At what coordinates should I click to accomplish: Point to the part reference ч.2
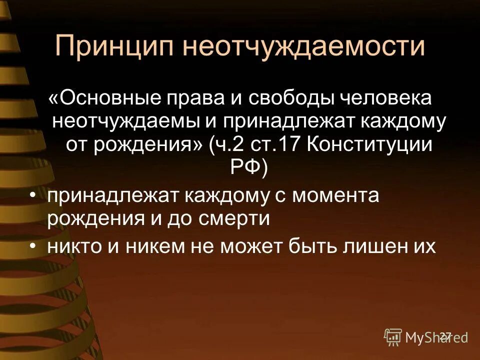click(228, 144)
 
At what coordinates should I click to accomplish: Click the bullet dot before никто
click(33, 246)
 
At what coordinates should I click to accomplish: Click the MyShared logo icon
click(393, 337)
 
